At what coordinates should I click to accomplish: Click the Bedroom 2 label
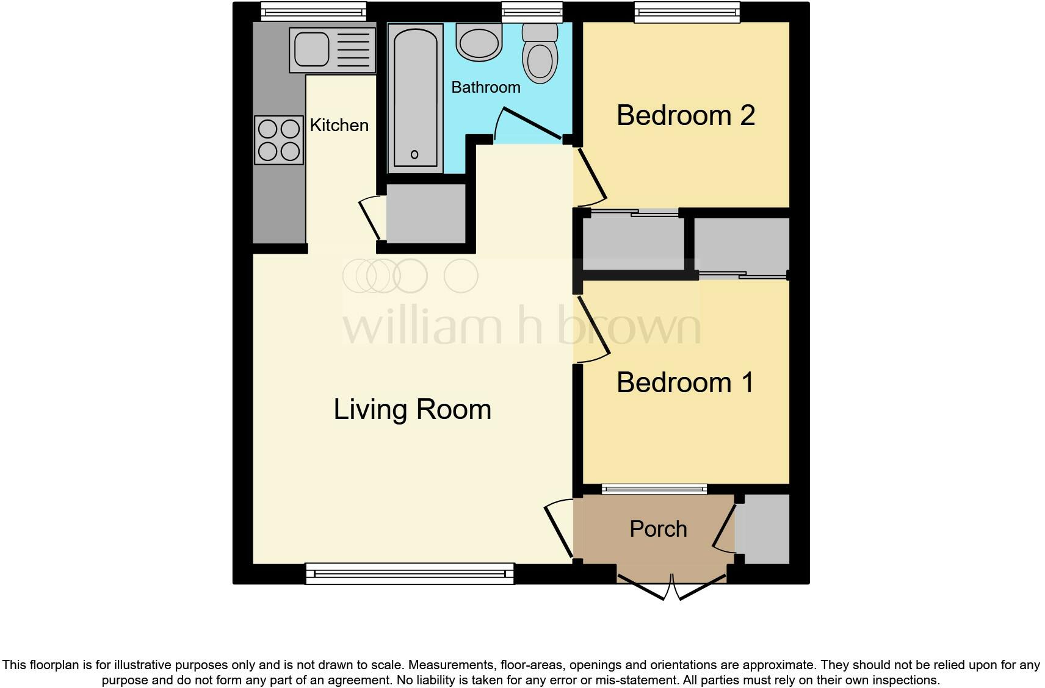[685, 115]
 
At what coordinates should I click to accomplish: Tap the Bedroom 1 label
[685, 382]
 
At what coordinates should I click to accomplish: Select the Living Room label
[412, 409]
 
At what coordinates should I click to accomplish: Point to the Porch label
[658, 529]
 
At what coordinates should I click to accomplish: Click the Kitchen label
[339, 125]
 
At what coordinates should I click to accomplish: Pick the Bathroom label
[485, 87]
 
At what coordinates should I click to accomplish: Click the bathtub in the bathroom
[415, 98]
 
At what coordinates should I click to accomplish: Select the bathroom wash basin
[480, 43]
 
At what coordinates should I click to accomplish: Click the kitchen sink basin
[312, 49]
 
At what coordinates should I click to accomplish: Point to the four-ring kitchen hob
[279, 140]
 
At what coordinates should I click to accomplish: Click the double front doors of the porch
[671, 587]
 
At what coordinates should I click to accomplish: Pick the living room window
[410, 573]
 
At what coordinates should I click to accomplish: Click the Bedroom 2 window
[687, 12]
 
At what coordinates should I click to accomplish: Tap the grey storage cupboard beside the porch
[763, 529]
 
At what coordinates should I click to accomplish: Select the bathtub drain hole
[415, 154]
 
